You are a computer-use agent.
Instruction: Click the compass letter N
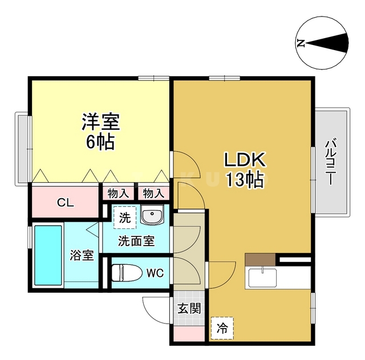(x=301, y=43)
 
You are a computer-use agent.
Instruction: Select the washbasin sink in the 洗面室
(x=152, y=216)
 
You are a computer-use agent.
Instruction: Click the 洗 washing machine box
(x=124, y=216)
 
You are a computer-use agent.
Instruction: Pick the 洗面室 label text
(x=136, y=240)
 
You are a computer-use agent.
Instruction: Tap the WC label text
(x=155, y=273)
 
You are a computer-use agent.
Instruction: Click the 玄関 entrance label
(x=188, y=309)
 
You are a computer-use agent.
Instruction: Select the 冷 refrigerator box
(x=221, y=328)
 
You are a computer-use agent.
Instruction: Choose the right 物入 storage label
(x=153, y=193)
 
